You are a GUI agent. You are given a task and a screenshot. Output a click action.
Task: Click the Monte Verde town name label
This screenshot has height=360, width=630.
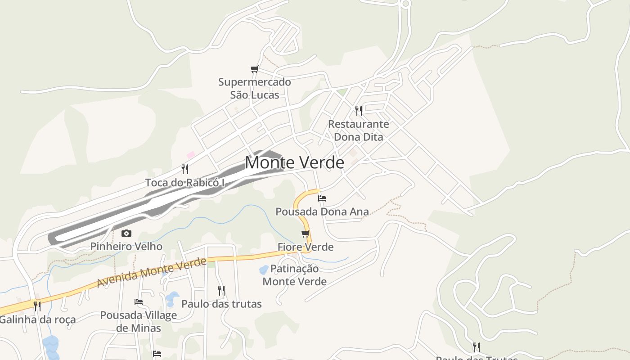[294, 162]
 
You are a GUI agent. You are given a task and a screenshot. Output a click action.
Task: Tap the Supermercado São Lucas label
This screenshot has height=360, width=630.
[255, 89]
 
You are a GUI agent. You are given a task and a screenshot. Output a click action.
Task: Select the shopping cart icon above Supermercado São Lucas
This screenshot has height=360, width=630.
[255, 69]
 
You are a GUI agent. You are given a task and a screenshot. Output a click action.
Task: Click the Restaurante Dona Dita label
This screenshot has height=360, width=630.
[359, 130]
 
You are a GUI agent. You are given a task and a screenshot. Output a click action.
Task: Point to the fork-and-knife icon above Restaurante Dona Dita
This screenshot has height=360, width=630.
[359, 110]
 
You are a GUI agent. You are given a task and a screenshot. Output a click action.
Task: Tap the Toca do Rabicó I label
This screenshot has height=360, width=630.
[184, 183]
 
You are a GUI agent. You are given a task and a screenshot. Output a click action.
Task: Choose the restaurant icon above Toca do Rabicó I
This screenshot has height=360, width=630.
[184, 169]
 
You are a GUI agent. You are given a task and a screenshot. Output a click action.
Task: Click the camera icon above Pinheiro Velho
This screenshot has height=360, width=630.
[126, 233]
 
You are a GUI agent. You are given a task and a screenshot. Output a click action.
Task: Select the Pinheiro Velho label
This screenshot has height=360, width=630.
[126, 247]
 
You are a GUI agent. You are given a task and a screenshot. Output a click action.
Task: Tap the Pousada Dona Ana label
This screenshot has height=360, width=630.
[322, 211]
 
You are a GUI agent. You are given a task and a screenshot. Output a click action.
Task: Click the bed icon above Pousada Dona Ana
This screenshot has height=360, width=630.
[322, 198]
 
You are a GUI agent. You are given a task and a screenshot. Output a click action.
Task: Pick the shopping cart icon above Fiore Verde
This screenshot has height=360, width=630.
[306, 234]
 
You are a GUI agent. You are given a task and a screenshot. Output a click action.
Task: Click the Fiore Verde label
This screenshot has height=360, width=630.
[306, 247]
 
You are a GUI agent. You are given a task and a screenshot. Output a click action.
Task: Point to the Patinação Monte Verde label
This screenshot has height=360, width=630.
[295, 275]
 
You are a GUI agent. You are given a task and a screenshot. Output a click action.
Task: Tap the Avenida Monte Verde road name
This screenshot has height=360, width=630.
[152, 273]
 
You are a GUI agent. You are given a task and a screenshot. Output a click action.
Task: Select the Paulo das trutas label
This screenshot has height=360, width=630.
[221, 304]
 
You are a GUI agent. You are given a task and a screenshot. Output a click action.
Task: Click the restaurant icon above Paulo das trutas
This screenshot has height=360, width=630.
[221, 290]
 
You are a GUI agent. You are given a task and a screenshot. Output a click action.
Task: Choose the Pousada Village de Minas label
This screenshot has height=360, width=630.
[139, 322]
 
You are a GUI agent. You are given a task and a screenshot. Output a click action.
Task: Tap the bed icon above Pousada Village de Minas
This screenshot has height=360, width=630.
[139, 301]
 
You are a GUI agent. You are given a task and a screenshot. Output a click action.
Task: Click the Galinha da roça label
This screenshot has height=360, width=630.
[37, 320]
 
